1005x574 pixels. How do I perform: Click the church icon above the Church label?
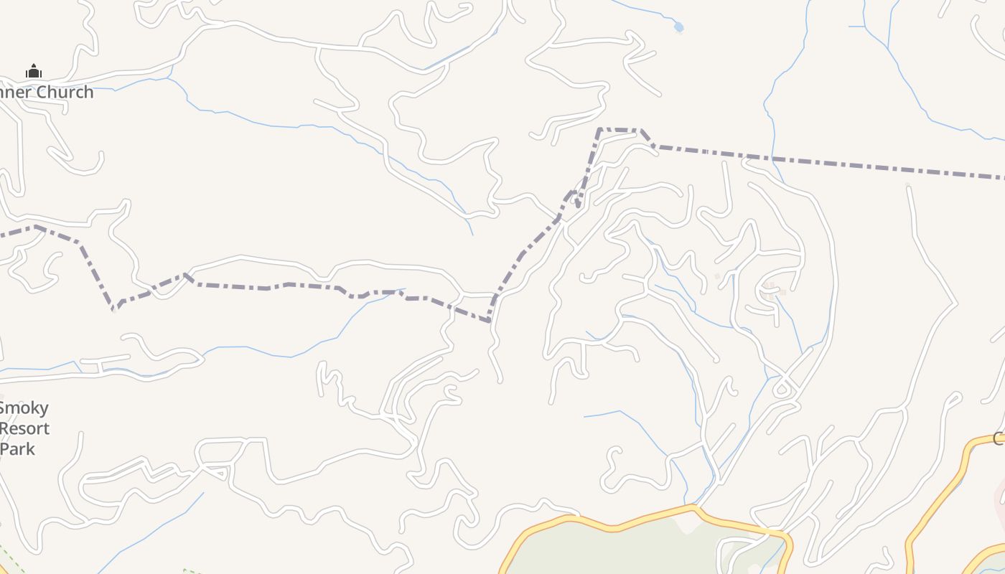tap(34, 71)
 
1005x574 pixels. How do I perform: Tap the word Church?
tap(65, 92)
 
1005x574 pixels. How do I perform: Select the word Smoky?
tap(24, 408)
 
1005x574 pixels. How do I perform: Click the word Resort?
tap(25, 428)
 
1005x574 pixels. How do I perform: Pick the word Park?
tap(18, 448)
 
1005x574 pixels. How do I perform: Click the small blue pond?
tap(678, 27)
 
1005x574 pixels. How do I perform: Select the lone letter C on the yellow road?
tap(999, 438)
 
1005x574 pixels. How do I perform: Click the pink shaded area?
tap(999, 502)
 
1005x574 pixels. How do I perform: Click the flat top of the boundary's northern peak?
tap(619, 130)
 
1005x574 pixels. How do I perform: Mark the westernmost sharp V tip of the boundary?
tap(113, 310)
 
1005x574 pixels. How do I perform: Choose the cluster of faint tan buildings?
tap(772, 290)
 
